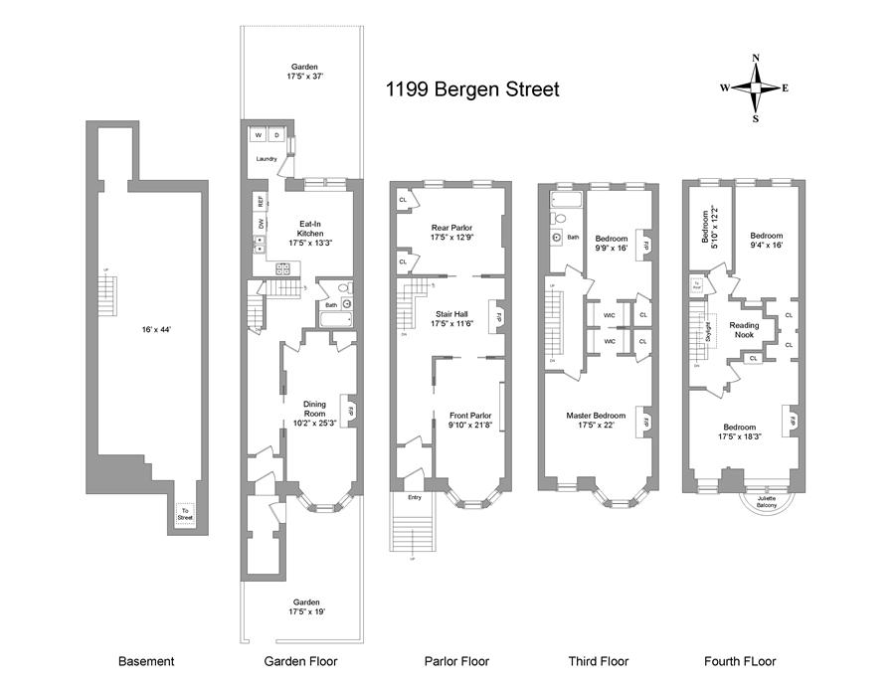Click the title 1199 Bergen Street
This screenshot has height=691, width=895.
click(472, 89)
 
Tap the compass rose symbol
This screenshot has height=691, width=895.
click(756, 87)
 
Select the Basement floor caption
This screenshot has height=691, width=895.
click(146, 661)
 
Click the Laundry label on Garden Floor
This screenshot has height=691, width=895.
click(267, 159)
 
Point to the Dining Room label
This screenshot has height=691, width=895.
click(316, 410)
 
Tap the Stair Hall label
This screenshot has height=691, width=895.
click(450, 318)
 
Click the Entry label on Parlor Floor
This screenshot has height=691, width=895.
click(415, 497)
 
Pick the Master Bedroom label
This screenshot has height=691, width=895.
click(596, 420)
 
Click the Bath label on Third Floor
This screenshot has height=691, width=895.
click(573, 238)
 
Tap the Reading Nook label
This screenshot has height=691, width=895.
click(744, 330)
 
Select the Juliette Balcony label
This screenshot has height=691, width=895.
click(766, 501)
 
